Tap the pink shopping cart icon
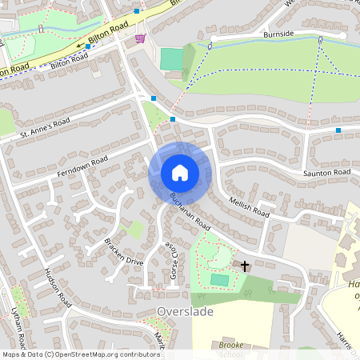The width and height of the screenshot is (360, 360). [x=141, y=37]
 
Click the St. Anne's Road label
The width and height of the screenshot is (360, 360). [x=46, y=130]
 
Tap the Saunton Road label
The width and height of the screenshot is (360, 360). [x=326, y=173]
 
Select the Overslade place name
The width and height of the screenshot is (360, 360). [x=186, y=311]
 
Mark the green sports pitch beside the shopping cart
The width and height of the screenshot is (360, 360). [x=171, y=58]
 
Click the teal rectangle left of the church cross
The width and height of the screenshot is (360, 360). [x=219, y=279]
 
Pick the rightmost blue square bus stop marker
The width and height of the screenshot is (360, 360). [x=338, y=130]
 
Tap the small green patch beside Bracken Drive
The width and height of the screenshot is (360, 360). [x=136, y=230]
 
